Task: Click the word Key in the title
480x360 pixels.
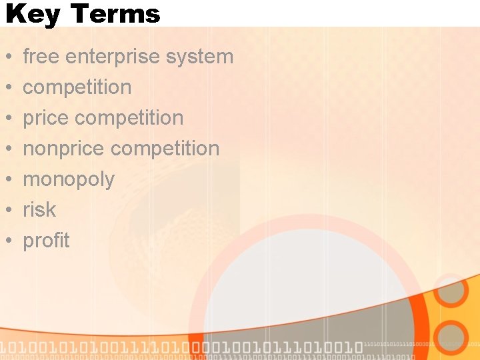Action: pos(31,13)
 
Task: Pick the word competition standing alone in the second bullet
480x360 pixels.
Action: pos(77,87)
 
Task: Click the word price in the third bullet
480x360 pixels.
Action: pos(46,118)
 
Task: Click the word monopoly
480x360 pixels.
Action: pos(69,180)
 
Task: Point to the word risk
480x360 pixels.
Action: pos(39,209)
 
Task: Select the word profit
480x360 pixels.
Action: pos(46,240)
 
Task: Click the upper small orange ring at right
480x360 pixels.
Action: pos(451,291)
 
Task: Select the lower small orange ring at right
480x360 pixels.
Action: pos(451,337)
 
